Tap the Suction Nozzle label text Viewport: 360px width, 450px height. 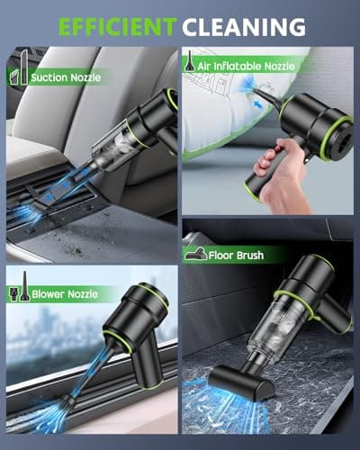point(65,77)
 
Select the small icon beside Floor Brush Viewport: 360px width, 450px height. point(195,256)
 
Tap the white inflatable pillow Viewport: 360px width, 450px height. point(234,108)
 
